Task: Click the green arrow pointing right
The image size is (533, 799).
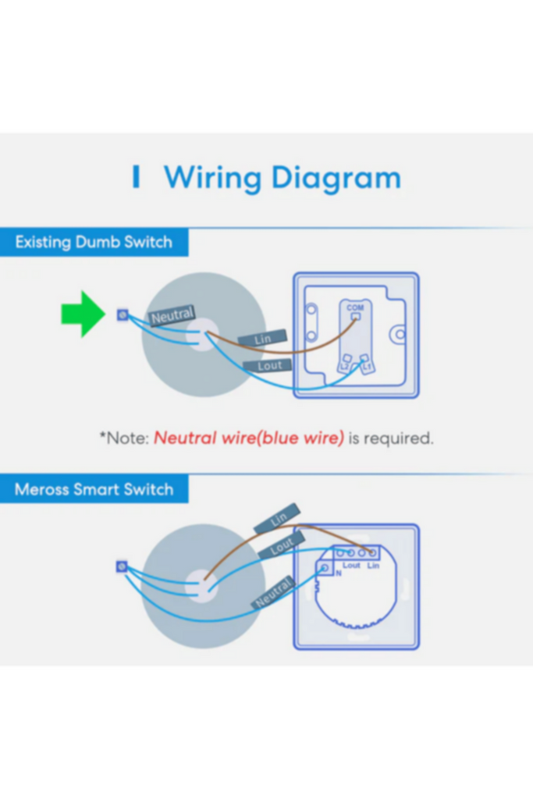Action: click(83, 314)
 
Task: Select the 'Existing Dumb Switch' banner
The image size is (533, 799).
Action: click(94, 242)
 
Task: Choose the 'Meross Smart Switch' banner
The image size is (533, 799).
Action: click(94, 490)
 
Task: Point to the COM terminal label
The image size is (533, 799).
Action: click(355, 308)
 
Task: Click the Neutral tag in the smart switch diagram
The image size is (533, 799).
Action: click(273, 592)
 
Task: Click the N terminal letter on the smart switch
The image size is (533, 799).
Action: click(339, 573)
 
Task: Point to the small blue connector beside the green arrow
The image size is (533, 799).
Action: click(122, 314)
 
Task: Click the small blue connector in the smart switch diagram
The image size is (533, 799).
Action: click(121, 566)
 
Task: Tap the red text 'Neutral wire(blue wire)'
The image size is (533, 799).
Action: click(248, 438)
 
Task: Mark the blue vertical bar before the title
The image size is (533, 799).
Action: click(136, 178)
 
